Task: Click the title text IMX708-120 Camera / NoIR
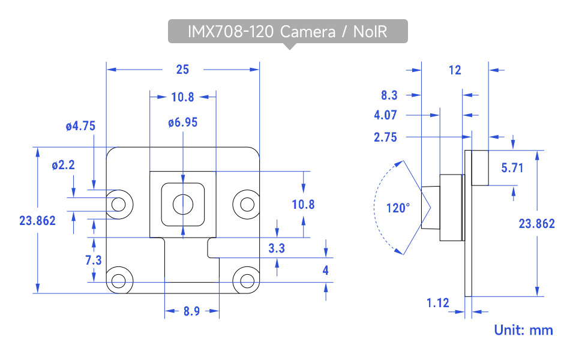[x=287, y=32]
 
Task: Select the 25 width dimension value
[x=182, y=70]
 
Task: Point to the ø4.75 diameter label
[x=80, y=126]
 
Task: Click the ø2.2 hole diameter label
[x=63, y=165]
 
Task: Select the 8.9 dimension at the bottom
[x=191, y=311]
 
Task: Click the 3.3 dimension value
[x=277, y=247]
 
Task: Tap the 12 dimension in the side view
[x=455, y=70]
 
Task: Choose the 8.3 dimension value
[x=389, y=95]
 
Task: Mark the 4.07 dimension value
[x=385, y=115]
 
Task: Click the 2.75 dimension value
[x=385, y=137]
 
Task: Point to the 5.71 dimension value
[x=512, y=168]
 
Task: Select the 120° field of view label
[x=398, y=208]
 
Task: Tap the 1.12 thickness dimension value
[x=438, y=303]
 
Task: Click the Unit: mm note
[x=523, y=329]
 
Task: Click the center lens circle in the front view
[x=182, y=205]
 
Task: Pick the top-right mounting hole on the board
[x=247, y=203]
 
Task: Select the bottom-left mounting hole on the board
[x=119, y=280]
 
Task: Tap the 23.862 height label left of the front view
[x=37, y=220]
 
